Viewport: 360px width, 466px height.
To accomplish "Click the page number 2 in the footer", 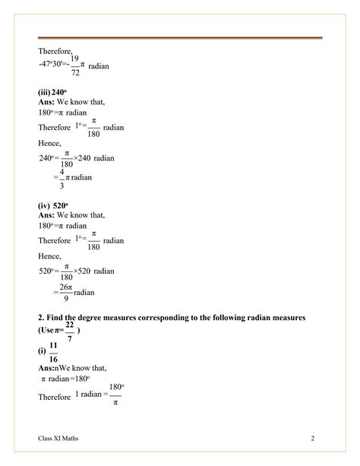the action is pos(312,439).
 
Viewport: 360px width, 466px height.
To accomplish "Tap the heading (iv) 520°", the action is pos(53,204).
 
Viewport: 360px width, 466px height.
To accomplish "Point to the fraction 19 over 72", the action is pos(74,66).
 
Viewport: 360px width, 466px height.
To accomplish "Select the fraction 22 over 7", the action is pos(70,331).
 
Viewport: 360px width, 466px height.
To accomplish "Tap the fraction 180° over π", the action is pos(115,395).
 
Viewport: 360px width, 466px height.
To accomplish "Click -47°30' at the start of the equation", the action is pos(51,66).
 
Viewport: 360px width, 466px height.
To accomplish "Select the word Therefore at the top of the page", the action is pos(55,51).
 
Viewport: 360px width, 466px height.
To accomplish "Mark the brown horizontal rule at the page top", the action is pos(180,38).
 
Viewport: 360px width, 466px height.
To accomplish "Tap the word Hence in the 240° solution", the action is pos(50,142).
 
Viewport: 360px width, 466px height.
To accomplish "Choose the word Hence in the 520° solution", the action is pos(50,256).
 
